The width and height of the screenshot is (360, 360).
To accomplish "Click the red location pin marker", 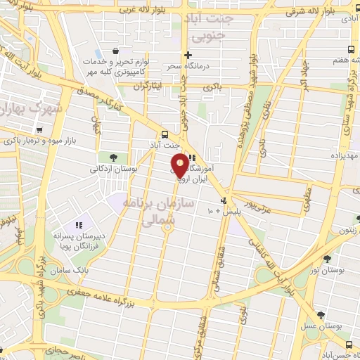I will [181, 166].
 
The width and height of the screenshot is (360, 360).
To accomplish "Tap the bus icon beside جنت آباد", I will [165, 134].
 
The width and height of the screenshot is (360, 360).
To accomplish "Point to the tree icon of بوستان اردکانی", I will [113, 157].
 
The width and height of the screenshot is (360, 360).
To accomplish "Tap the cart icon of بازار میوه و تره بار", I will [40, 130].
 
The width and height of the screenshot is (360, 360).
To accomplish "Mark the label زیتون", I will [347, 229].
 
